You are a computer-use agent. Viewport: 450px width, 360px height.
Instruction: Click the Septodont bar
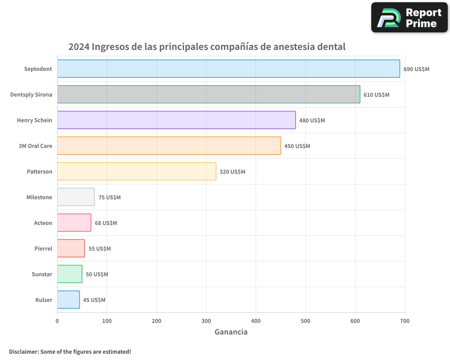(x=228, y=69)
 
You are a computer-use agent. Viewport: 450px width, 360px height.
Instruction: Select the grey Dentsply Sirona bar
(x=208, y=94)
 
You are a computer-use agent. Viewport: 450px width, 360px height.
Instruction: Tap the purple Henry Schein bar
(x=176, y=120)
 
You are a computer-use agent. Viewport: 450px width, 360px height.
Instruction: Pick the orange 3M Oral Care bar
(x=169, y=146)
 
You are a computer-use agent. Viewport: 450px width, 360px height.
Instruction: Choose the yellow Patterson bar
(x=136, y=171)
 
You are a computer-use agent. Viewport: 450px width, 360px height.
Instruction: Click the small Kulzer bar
(x=68, y=300)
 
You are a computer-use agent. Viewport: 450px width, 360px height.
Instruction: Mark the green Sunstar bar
(x=70, y=274)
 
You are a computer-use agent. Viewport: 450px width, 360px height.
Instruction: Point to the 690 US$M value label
(x=416, y=69)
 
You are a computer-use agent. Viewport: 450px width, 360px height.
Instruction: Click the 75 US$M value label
(x=109, y=198)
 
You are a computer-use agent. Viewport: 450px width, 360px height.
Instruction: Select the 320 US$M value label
(x=232, y=172)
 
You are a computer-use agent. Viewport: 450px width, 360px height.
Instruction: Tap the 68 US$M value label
(x=106, y=223)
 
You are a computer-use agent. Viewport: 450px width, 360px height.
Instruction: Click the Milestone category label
(x=39, y=198)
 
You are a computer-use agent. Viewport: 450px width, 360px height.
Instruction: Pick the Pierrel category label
(x=43, y=249)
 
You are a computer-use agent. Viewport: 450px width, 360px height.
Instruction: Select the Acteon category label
(x=43, y=223)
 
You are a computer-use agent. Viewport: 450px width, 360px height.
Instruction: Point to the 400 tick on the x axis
(x=256, y=321)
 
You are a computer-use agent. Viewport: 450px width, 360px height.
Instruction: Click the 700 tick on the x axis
(x=405, y=321)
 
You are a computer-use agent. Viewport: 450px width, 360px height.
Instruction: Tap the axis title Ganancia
(x=231, y=332)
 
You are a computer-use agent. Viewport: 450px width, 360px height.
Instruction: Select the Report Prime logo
(x=409, y=18)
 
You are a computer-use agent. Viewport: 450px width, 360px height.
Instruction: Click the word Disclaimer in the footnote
(x=23, y=351)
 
